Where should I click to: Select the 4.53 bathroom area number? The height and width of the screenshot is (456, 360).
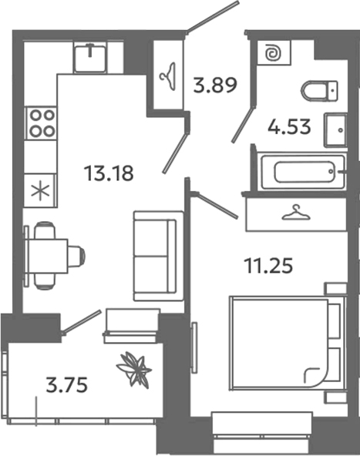point(289,126)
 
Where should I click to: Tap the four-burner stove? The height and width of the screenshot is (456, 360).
point(41,122)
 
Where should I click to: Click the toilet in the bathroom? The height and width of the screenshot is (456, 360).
point(319,91)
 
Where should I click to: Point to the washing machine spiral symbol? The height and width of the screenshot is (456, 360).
point(271,53)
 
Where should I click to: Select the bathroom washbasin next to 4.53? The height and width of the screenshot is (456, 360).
point(336,130)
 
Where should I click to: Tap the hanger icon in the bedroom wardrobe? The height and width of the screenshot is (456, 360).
point(295,212)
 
